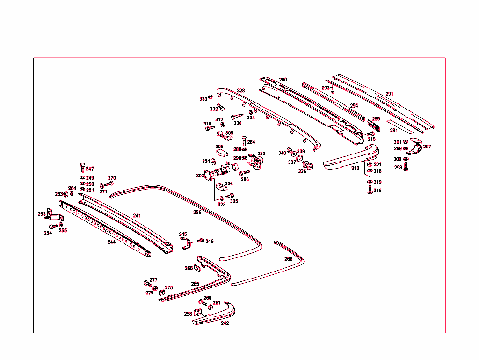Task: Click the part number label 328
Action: tap(240, 91)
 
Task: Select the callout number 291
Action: tap(389, 94)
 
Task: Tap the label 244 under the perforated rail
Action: tap(111, 242)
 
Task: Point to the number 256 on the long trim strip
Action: tap(197, 212)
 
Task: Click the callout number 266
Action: tap(288, 259)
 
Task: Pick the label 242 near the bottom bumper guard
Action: tap(225, 323)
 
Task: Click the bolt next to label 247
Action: tap(82, 168)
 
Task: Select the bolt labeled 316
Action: tap(370, 190)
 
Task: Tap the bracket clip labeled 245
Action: tap(185, 243)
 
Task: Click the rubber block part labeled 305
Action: tap(222, 152)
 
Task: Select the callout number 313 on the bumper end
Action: tap(356, 168)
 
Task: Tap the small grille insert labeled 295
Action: tap(375, 125)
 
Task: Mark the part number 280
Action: tap(283, 80)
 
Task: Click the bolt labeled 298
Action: tap(406, 167)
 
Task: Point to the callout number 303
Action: tap(200, 176)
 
